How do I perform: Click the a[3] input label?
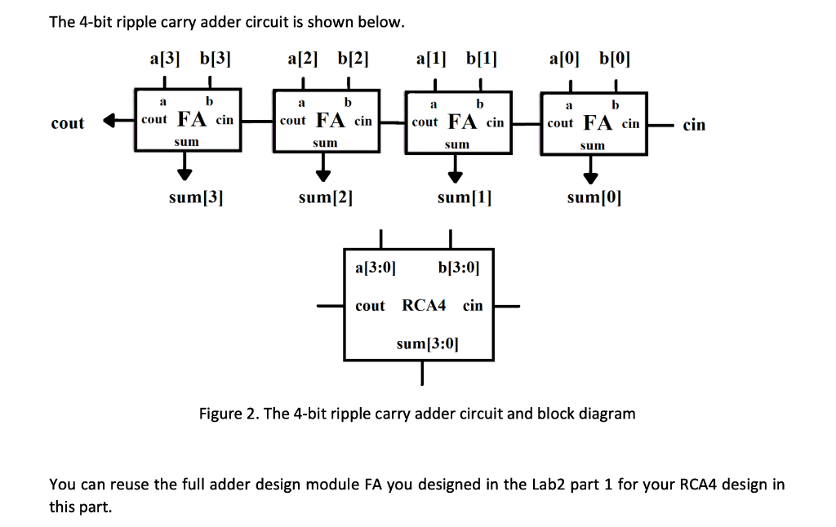click(x=166, y=59)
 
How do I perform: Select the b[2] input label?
click(x=352, y=59)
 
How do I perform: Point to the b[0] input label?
click(x=615, y=59)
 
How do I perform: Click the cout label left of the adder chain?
click(x=67, y=123)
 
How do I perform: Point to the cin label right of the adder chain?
click(x=694, y=125)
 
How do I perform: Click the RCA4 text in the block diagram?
click(x=424, y=306)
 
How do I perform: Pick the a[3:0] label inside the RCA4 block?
click(x=376, y=267)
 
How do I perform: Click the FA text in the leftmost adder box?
click(x=193, y=120)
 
